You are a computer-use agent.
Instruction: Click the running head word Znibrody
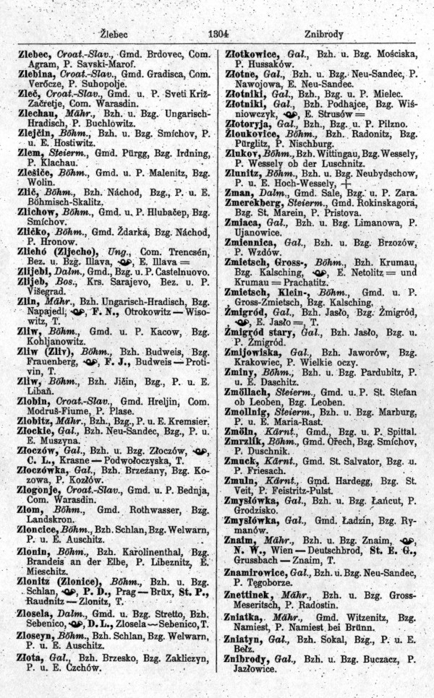coord(323,34)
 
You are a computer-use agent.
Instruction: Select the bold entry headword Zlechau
coord(36,115)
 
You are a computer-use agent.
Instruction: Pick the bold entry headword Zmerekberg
coord(256,204)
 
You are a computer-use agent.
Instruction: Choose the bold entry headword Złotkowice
coord(255,53)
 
